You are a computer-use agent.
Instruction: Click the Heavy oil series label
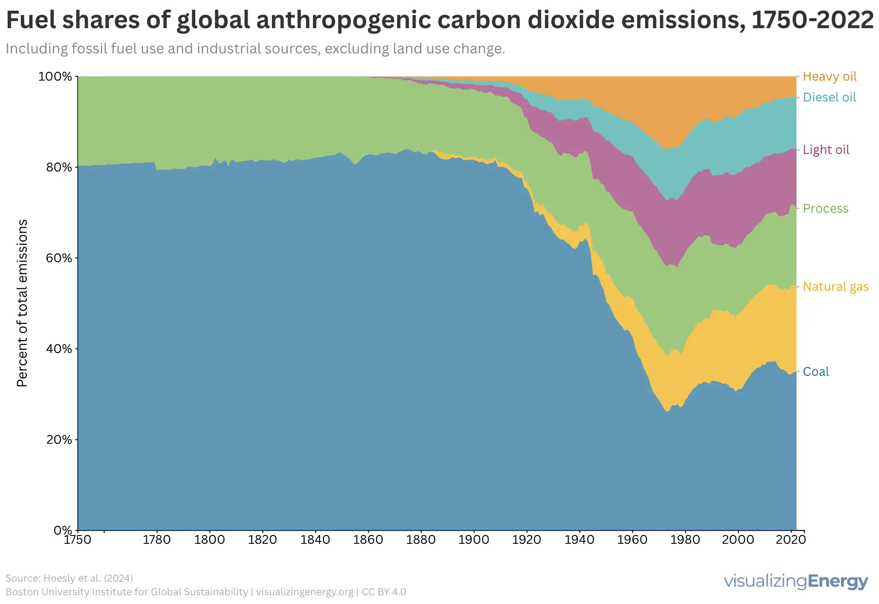[x=829, y=77]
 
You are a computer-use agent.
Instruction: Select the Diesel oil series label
[x=829, y=98]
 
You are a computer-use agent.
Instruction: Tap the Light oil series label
[x=826, y=150]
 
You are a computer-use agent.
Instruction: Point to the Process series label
[x=826, y=209]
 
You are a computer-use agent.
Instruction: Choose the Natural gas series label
[x=835, y=287]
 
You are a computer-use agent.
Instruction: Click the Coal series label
[x=816, y=372]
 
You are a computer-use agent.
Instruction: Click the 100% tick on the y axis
[x=55, y=77]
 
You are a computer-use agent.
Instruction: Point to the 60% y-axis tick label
[x=58, y=258]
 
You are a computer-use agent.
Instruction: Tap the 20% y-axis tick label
[x=58, y=439]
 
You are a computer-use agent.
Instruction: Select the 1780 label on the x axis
[x=157, y=540]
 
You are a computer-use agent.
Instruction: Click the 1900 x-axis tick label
[x=473, y=540]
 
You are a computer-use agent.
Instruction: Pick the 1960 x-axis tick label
[x=632, y=540]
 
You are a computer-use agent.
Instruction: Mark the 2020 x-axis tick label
[x=791, y=540]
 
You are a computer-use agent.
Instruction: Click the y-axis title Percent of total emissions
[x=22, y=303]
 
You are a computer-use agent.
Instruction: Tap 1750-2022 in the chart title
[x=812, y=20]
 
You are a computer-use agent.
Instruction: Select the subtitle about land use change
[x=255, y=49]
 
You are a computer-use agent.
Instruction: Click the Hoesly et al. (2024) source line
[x=69, y=578]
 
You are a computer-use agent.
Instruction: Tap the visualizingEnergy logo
[x=795, y=582]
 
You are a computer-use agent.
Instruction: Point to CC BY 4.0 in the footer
[x=384, y=592]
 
